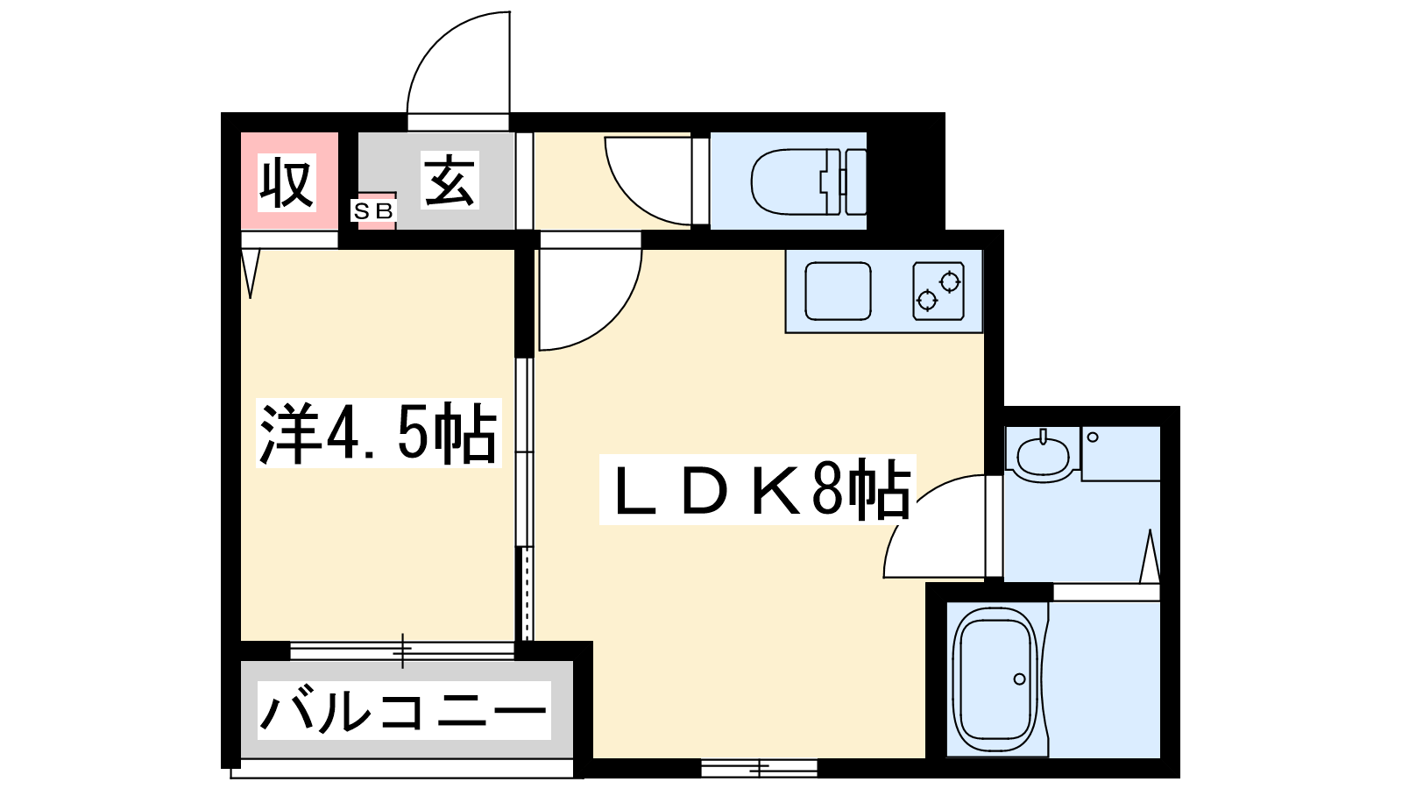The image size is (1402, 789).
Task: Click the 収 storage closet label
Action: tap(287, 183)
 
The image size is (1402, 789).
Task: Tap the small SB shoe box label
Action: tap(373, 211)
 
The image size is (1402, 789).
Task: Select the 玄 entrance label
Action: tap(450, 181)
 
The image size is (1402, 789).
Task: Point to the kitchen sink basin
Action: tap(838, 291)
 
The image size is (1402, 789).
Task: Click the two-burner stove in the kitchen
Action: tap(938, 291)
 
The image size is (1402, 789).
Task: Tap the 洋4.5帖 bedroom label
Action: tap(379, 433)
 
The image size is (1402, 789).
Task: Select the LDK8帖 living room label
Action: tap(758, 489)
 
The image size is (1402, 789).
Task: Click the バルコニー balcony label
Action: tap(404, 710)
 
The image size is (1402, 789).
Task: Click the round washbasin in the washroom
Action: tap(1043, 456)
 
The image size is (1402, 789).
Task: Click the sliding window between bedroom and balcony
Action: tap(402, 650)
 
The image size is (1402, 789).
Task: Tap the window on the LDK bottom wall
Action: tap(759, 768)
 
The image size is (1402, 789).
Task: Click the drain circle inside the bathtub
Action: tap(1019, 679)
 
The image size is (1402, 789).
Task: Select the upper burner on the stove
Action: tap(950, 281)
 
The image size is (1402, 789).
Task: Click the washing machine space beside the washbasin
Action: tap(1121, 454)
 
